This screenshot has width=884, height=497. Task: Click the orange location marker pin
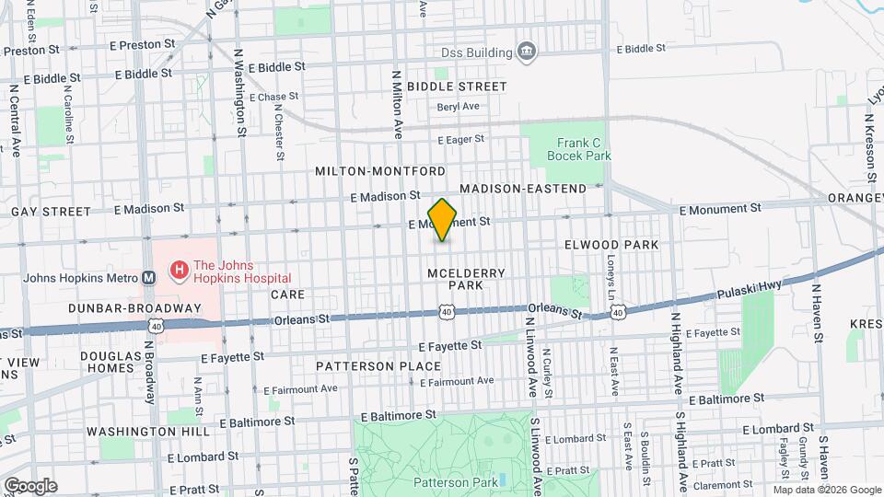(442, 220)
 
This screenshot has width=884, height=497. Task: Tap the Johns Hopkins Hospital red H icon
(179, 271)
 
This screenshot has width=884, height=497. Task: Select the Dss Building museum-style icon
(526, 50)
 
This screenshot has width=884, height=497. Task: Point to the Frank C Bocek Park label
(584, 149)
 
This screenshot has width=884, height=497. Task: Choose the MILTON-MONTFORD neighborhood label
(380, 171)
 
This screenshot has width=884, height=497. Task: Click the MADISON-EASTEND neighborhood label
(523, 189)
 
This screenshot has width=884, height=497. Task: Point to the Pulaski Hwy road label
(751, 290)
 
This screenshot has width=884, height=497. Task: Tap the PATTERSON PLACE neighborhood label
(378, 365)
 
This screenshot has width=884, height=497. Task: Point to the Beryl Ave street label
(459, 107)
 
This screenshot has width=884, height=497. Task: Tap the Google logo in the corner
(30, 485)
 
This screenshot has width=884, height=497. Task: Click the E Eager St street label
(460, 140)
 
